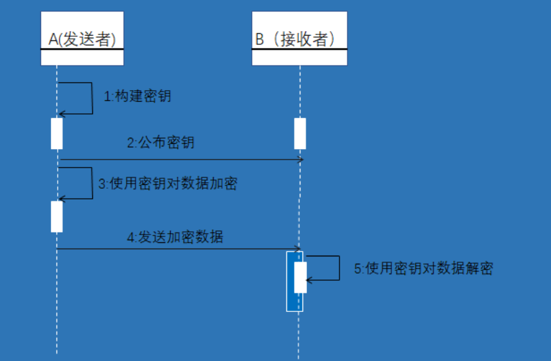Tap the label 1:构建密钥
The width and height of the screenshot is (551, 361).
(137, 96)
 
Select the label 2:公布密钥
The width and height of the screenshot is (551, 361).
(161, 142)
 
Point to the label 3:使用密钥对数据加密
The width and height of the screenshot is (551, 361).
(168, 184)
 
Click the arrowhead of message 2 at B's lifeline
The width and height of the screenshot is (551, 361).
(300, 160)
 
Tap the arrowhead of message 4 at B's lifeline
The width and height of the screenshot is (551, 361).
(298, 249)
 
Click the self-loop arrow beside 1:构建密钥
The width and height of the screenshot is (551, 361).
(92, 98)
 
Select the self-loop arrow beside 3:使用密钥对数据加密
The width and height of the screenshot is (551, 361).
(92, 183)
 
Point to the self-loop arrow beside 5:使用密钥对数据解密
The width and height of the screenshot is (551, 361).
(339, 268)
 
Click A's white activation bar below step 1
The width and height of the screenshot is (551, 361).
(57, 133)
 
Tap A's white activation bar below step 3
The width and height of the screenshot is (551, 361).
(57, 217)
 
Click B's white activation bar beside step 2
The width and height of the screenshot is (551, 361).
(300, 133)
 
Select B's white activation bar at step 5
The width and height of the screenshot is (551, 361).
(300, 277)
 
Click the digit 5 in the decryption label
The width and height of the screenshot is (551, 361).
(358, 268)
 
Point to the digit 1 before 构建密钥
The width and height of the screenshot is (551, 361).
(107, 96)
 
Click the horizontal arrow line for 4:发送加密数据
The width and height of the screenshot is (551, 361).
(179, 249)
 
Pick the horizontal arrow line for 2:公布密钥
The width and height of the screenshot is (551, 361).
(179, 160)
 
